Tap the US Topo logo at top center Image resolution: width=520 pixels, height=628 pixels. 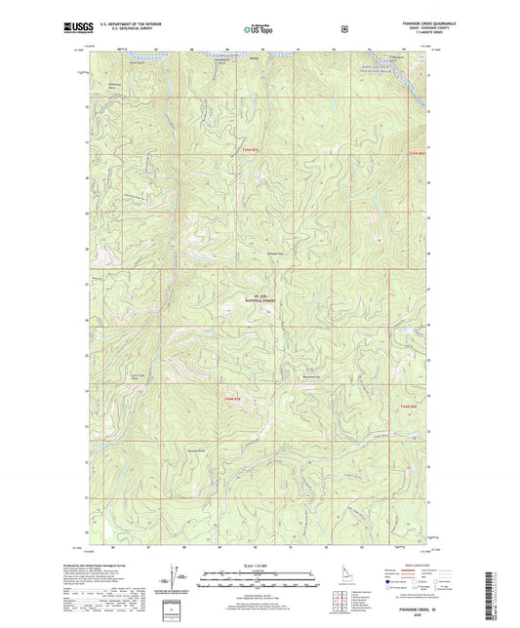(259, 30)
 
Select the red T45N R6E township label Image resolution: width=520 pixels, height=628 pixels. (417, 153)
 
